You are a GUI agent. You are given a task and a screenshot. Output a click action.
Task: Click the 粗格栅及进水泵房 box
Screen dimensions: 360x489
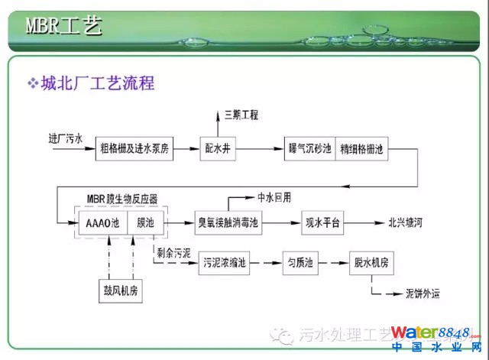coord(136,148)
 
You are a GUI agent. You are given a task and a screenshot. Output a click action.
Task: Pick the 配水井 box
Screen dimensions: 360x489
coord(216,148)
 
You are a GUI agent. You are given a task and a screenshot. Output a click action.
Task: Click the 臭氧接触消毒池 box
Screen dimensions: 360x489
coord(228,223)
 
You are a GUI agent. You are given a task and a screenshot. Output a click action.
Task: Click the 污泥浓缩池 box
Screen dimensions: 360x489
coord(224,263)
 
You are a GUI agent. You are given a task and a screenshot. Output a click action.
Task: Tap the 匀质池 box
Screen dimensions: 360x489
coord(299,263)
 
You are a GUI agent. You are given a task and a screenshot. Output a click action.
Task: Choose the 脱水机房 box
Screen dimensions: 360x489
coord(371,263)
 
